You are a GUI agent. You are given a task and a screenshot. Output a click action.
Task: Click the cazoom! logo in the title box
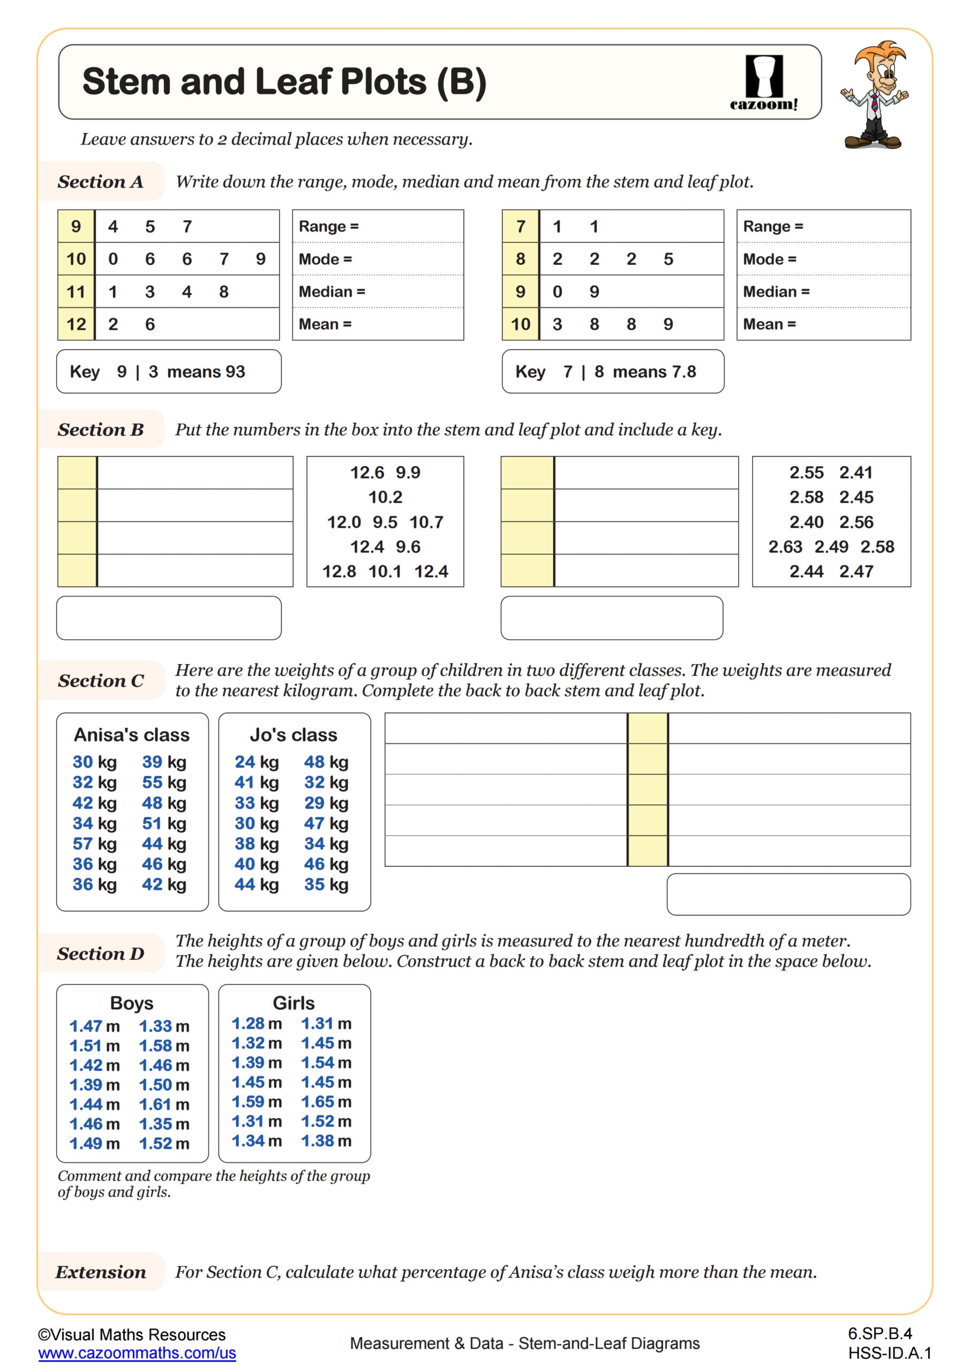tap(763, 83)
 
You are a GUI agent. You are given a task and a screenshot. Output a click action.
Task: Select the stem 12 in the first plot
tap(76, 324)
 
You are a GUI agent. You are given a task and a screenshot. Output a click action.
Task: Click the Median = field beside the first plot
tap(378, 292)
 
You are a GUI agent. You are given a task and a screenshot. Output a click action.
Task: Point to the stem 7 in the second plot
tap(520, 227)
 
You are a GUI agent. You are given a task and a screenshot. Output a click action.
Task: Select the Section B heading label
tap(100, 429)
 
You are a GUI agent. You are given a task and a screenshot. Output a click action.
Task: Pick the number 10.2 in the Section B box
tap(385, 497)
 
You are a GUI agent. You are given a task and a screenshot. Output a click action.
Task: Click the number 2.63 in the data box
tap(785, 547)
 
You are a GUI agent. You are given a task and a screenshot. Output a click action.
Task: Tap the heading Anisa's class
tap(132, 734)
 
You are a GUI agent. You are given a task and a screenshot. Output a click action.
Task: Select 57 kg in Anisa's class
tap(94, 844)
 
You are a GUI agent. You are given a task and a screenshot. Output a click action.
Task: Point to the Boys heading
tap(132, 1003)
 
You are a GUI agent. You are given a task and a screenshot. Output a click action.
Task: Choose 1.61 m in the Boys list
tap(164, 1104)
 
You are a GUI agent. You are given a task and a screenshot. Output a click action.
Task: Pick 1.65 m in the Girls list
tap(326, 1101)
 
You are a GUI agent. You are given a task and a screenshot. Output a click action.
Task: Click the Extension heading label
tap(100, 1272)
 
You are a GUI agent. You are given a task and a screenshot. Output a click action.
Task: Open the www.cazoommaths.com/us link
tap(137, 1353)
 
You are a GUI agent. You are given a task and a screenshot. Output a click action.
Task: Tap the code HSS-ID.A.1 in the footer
tap(889, 1353)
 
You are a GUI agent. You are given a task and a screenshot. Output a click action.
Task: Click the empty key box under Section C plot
tap(788, 894)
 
